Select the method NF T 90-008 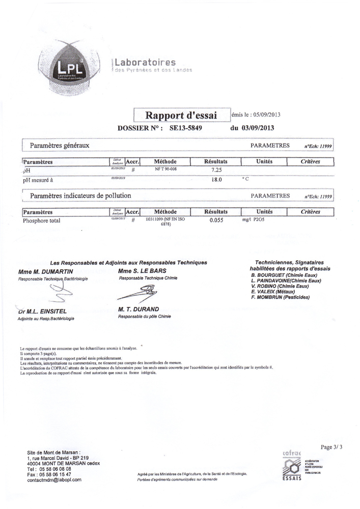(x=165, y=168)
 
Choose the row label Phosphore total (x=42, y=221)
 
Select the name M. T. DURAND (x=138, y=309)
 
